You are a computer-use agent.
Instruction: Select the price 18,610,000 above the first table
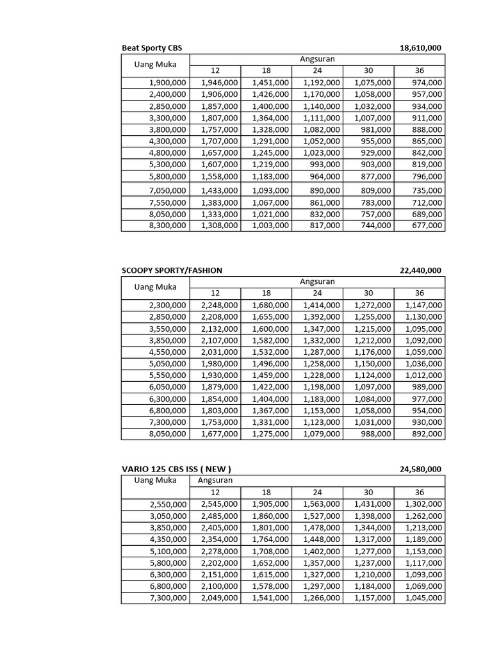(420, 48)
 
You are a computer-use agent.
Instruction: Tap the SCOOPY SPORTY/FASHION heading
(172, 270)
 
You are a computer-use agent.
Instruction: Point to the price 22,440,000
(420, 270)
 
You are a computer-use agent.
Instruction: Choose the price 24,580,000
(420, 469)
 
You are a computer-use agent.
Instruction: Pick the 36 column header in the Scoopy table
(420, 293)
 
